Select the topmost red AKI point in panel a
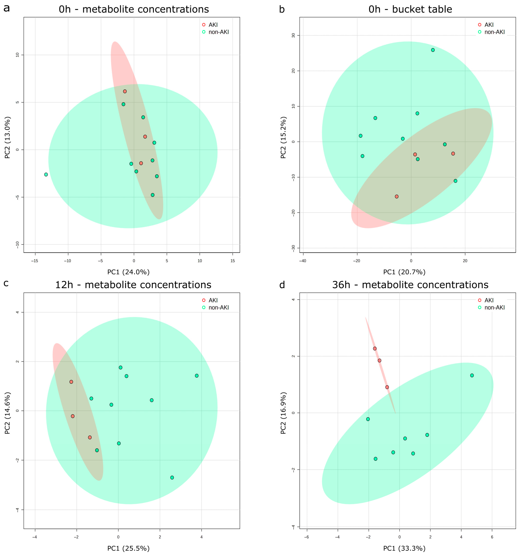(x=125, y=91)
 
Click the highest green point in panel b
(x=433, y=50)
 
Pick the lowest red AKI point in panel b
(x=397, y=197)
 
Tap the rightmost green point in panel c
(x=197, y=376)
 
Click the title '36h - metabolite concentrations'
(x=410, y=285)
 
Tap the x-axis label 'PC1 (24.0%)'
(x=129, y=272)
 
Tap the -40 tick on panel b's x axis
(x=303, y=261)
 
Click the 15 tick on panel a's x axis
(x=233, y=261)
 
